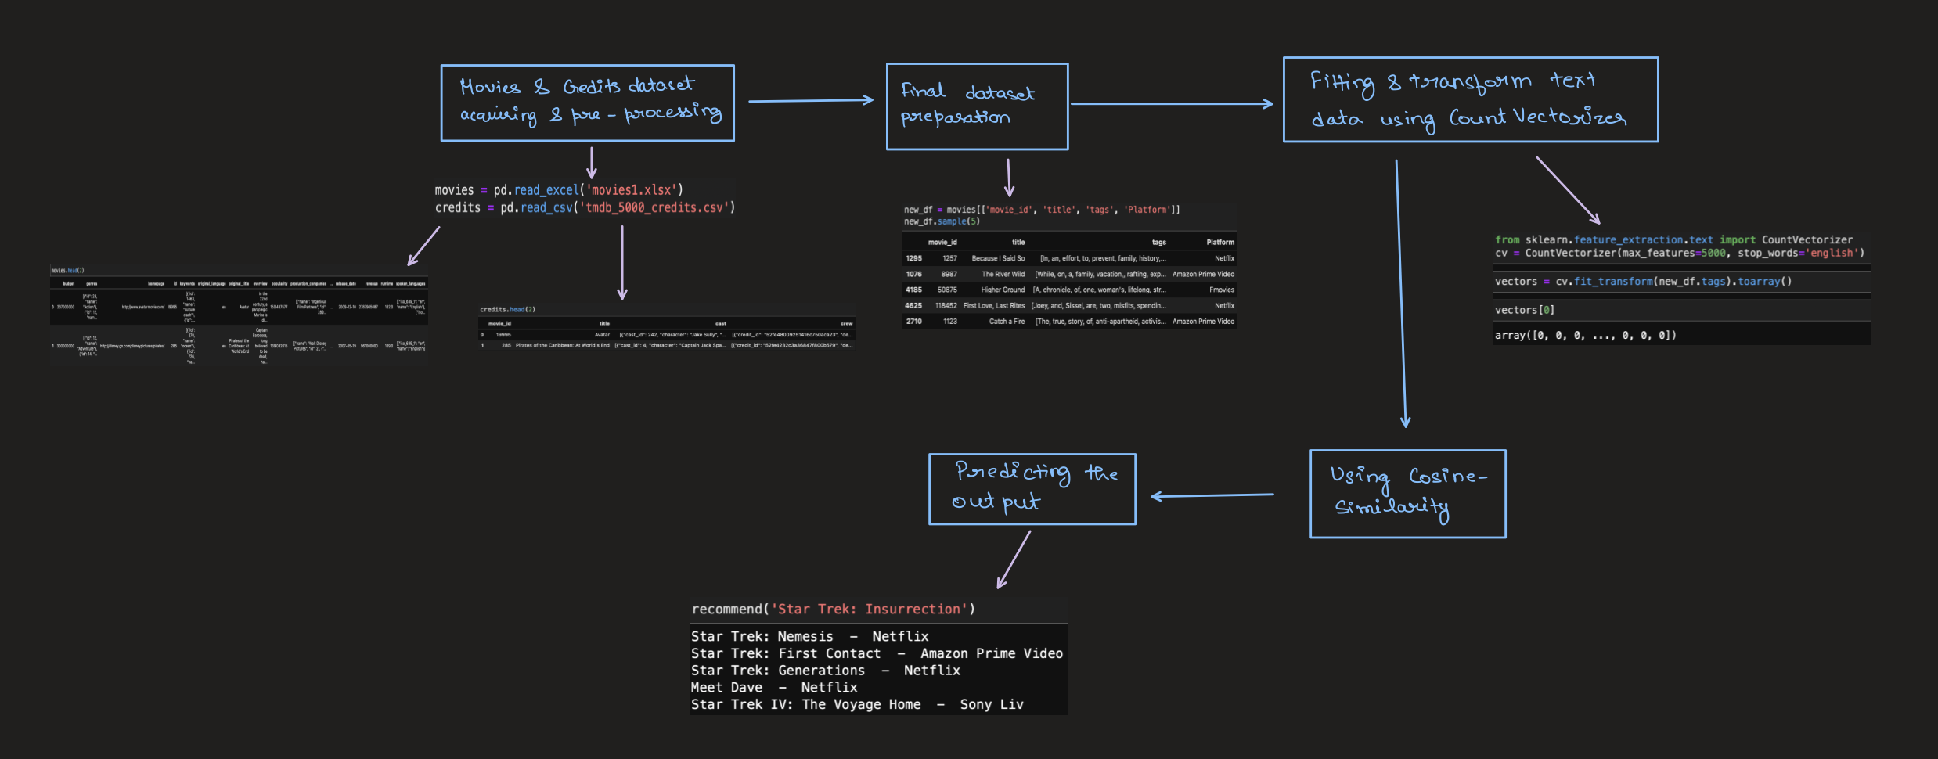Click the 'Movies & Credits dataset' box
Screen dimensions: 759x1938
587,103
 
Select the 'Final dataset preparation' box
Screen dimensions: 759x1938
976,106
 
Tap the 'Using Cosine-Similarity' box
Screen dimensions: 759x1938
1407,493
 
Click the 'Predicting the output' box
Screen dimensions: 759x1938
1031,488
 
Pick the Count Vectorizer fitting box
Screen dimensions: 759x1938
1469,99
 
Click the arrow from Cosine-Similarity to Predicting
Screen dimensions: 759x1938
1212,495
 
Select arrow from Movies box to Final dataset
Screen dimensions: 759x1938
810,100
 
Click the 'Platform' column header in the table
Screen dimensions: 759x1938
1219,242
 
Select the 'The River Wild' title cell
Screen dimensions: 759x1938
1003,274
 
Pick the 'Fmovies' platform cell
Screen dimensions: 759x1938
1221,290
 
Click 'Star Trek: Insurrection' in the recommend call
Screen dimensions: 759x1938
869,609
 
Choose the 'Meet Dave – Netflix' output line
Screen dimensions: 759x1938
773,687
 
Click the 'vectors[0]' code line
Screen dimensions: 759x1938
1524,310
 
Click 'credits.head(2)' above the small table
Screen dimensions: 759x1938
507,309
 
